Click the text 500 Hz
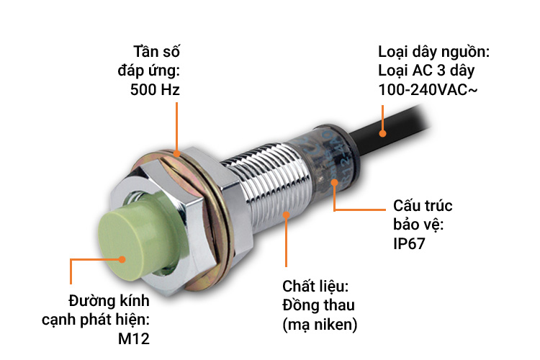155,90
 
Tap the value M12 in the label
135,338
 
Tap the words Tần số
156,52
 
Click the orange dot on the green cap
123,258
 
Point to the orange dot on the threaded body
287,213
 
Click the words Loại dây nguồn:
434,52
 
